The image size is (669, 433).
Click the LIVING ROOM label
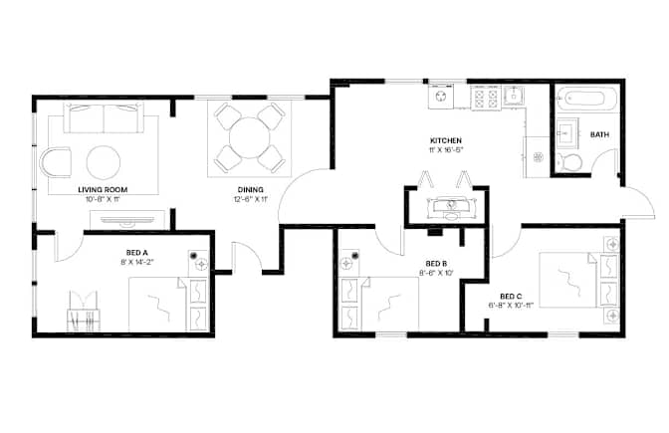click(x=103, y=189)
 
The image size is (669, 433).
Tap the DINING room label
click(x=251, y=189)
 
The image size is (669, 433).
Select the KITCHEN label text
click(x=445, y=140)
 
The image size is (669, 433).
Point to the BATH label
click(x=599, y=134)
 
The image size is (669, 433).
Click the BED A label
click(x=137, y=253)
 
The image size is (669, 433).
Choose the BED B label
click(x=436, y=264)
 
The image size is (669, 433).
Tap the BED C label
click(x=511, y=296)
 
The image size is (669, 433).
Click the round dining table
click(x=250, y=137)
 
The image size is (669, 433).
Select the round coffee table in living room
click(x=104, y=162)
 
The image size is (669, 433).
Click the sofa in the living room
click(x=104, y=117)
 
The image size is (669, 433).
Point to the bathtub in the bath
click(x=586, y=100)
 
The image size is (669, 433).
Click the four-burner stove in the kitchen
click(x=486, y=98)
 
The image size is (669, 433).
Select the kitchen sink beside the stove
click(x=514, y=96)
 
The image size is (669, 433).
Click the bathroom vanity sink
click(x=567, y=133)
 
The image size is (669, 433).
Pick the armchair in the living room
click(x=56, y=162)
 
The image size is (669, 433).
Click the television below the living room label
click(x=127, y=220)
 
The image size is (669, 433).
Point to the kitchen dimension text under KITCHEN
click(x=446, y=149)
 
